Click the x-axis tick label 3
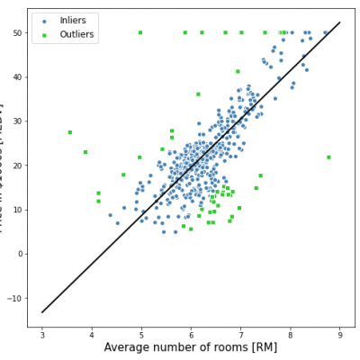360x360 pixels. [x=42, y=335]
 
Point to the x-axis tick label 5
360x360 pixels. [x=141, y=335]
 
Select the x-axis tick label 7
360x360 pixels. [x=240, y=335]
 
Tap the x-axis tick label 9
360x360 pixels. [x=339, y=335]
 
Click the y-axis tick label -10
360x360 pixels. [x=16, y=298]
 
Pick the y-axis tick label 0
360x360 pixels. [x=20, y=254]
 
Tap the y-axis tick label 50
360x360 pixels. [x=17, y=32]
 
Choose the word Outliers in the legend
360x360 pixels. [x=77, y=34]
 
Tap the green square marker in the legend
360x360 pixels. [x=45, y=34]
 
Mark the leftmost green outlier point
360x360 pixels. [x=69, y=132]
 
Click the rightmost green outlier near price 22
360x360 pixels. [x=328, y=157]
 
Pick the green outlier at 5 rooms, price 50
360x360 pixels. [x=140, y=32]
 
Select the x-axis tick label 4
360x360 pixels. [x=92, y=335]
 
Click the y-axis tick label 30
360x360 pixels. [x=17, y=121]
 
